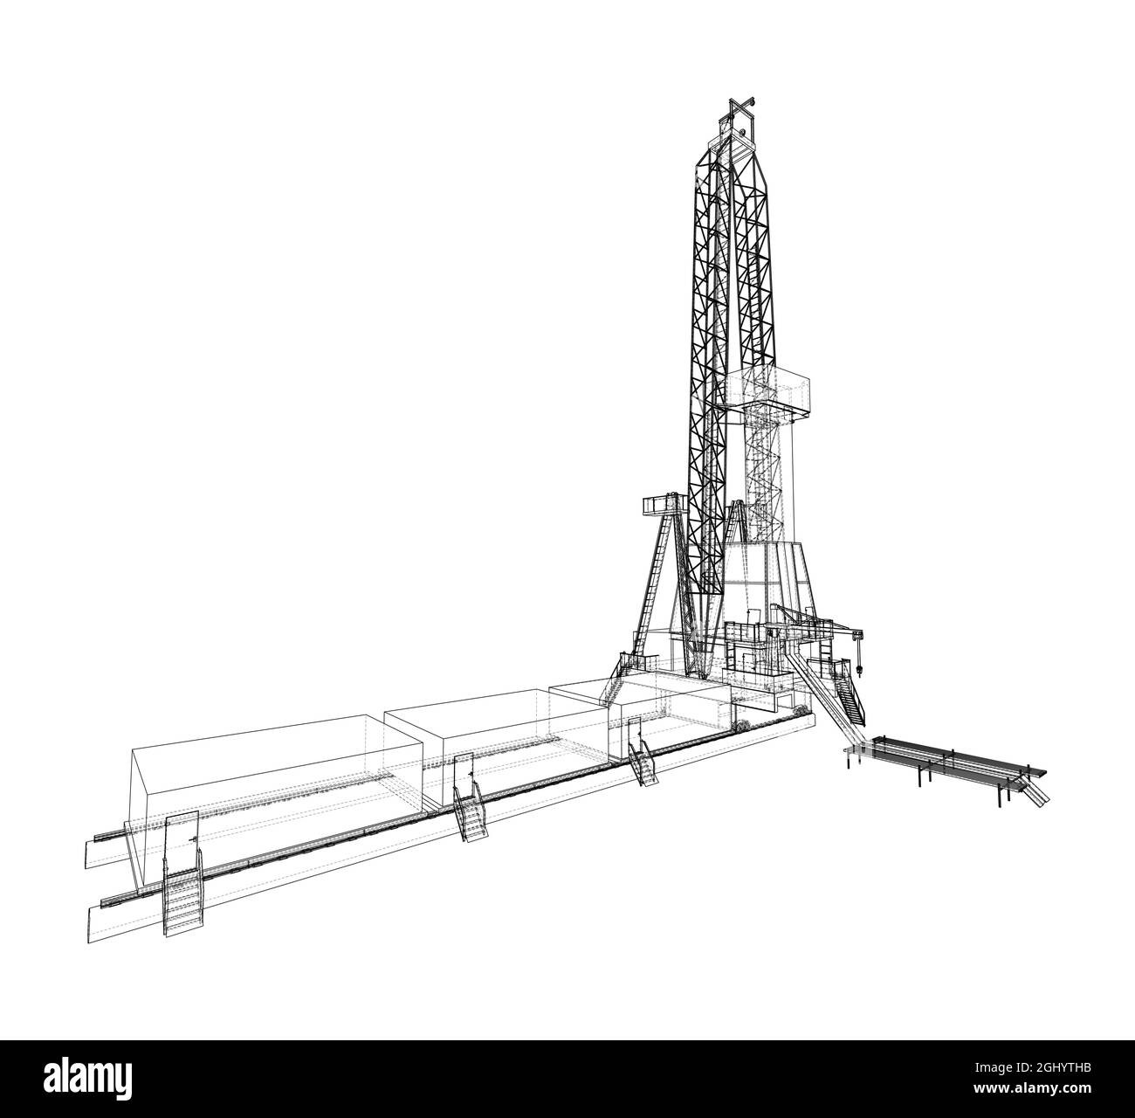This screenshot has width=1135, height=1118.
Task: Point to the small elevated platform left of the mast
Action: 660,504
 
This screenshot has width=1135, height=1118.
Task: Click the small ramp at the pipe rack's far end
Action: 1037,793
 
